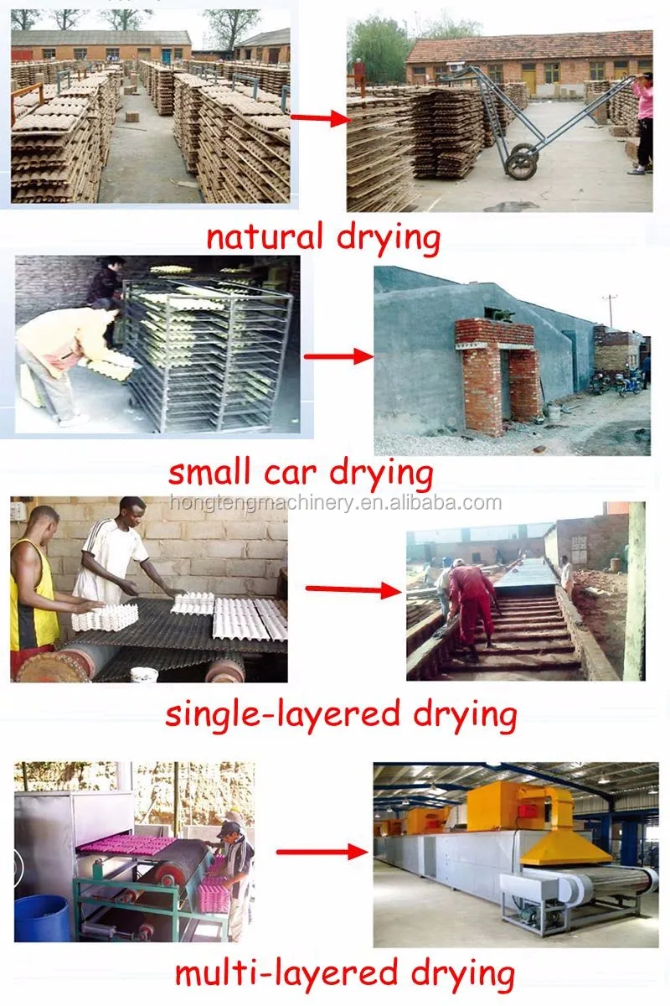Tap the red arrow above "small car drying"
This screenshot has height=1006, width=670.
tap(338, 356)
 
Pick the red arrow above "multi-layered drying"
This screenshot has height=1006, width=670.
tap(322, 853)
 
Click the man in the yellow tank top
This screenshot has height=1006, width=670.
tap(35, 587)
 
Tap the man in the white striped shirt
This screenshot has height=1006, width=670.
tap(115, 553)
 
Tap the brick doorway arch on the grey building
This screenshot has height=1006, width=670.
tap(498, 369)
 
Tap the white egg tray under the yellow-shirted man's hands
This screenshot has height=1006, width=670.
tap(105, 617)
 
